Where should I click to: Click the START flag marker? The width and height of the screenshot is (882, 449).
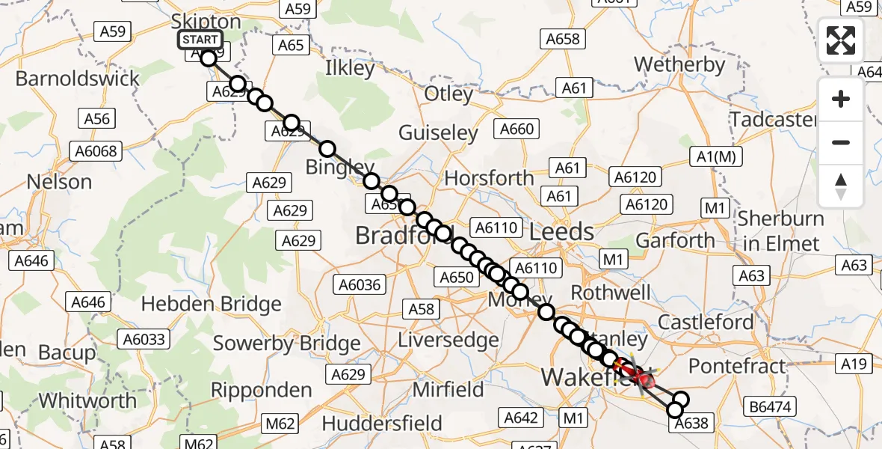coord(200,40)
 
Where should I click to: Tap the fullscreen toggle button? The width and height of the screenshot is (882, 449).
coord(841,40)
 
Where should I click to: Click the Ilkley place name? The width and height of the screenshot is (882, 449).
coord(350,68)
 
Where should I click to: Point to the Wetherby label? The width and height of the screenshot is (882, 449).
coord(680,64)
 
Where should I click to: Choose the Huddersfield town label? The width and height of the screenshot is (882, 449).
coord(382,424)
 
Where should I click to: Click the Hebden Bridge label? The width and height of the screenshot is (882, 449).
coord(212,304)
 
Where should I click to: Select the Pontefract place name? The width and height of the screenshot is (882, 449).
coord(738,366)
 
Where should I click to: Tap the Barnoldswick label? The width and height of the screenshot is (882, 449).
coord(78,79)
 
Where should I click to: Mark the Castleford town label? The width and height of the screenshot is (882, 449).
coord(706,322)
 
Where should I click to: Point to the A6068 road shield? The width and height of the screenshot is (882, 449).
coord(96,151)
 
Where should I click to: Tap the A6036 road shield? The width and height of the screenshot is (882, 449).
coord(360,284)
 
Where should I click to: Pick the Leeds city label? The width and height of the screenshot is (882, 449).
coord(561,232)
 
